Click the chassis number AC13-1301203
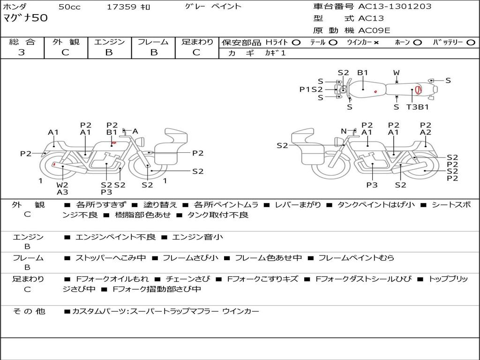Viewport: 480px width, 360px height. tap(395, 7)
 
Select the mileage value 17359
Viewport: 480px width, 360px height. tap(121, 7)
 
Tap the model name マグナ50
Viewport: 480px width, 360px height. tap(25, 19)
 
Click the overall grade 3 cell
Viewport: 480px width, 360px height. tap(22, 52)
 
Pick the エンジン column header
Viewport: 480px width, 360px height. tap(109, 42)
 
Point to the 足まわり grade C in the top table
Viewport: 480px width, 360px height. tap(197, 52)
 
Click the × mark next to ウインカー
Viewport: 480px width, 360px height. tap(376, 42)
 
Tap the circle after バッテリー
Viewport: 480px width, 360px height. tap(471, 42)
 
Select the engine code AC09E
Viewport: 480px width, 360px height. tap(374, 30)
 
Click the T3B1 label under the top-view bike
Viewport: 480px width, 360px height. tap(417, 107)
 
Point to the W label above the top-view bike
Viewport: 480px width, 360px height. tap(397, 73)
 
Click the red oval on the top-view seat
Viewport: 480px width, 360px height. tap(418, 90)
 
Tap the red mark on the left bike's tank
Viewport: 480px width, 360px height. tap(113, 142)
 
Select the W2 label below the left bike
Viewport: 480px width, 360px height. tap(62, 185)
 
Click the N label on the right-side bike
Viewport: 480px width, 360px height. tap(344, 131)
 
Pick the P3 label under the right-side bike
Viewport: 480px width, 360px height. tap(372, 185)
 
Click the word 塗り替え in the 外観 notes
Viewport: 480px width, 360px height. tap(159, 205)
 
